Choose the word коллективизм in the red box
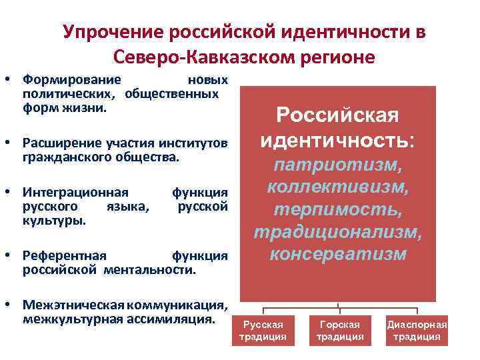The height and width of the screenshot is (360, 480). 338,187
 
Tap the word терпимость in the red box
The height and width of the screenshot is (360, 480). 338,209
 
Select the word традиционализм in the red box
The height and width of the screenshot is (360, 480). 338,232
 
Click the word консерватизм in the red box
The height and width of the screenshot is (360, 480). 338,255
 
